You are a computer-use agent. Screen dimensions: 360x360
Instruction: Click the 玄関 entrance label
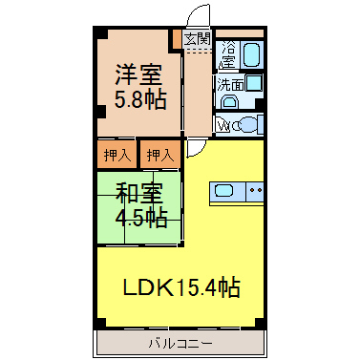pos(198,39)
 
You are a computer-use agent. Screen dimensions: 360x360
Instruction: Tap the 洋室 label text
pos(138,74)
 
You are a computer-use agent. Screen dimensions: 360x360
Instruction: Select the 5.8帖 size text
pos(140,99)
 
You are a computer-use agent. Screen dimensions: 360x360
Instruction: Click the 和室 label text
pos(139,193)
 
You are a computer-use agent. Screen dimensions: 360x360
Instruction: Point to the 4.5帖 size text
pos(141,218)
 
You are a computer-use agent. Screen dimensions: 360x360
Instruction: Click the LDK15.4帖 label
pos(181,287)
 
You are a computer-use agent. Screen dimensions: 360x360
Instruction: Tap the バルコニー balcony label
pos(180,344)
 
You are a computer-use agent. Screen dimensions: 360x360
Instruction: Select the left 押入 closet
pos(117,155)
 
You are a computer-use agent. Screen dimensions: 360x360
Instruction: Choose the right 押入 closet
pos(160,155)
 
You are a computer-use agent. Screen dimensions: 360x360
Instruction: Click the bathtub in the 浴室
pos(252,53)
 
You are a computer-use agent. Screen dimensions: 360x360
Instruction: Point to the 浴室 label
pos(228,54)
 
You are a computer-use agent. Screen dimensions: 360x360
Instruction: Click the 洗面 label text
pos(230,85)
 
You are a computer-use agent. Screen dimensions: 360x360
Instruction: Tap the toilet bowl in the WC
pos(245,125)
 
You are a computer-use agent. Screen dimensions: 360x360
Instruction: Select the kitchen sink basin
pos(224,191)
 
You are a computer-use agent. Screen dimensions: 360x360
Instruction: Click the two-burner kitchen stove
pos(255,192)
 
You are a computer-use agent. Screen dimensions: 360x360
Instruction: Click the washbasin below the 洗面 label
pos(229,102)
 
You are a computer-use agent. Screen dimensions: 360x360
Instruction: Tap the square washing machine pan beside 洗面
pos(254,83)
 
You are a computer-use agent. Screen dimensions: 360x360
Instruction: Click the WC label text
pos(223,126)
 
